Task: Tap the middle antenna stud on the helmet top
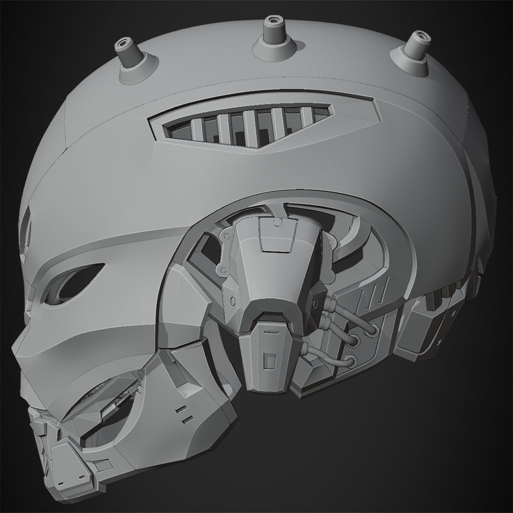click(x=272, y=29)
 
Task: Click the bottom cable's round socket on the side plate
click(x=351, y=360)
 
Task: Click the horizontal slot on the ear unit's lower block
click(x=269, y=328)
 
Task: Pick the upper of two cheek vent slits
click(x=182, y=408)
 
